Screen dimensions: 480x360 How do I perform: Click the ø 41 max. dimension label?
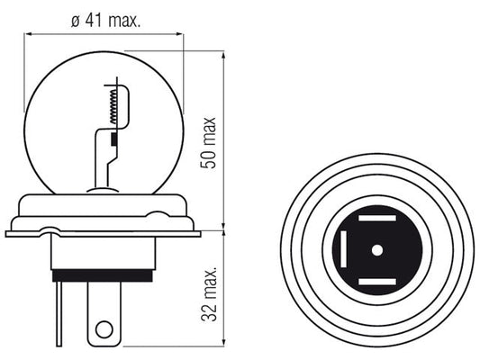105,21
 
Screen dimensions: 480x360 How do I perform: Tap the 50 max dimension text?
208,142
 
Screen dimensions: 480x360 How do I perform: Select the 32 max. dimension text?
209,294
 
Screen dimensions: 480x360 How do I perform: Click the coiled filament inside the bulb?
113,106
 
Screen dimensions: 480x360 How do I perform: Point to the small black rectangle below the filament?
113,139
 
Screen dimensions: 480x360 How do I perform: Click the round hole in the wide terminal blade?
104,329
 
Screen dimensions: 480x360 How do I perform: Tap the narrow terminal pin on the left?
59,314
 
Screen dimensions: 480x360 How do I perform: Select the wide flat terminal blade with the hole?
104,314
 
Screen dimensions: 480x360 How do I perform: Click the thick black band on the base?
103,275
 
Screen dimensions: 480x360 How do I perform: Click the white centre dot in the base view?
377,250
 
